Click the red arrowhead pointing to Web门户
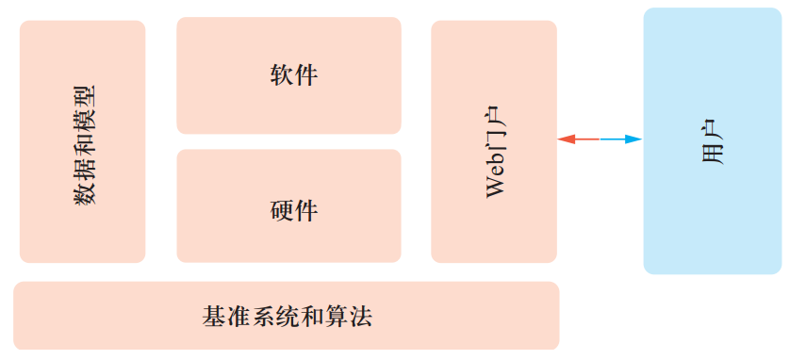[565, 139]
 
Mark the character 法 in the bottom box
[361, 316]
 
